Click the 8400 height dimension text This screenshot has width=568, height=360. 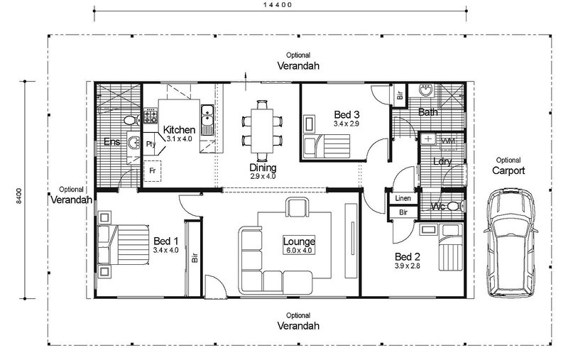tap(19, 195)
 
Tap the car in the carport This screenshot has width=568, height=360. tap(510, 243)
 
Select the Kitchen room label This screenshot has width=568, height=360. tap(179, 130)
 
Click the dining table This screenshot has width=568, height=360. tap(262, 131)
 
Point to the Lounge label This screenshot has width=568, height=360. tap(299, 241)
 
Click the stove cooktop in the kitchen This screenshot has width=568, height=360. tap(151, 116)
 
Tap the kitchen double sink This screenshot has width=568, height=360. tap(207, 120)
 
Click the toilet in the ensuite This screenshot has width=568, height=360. tap(131, 119)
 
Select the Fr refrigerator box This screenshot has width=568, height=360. tap(152, 170)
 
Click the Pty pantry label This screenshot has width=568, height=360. tap(151, 143)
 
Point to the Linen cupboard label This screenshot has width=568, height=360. tap(403, 198)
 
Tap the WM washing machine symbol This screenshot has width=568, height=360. tap(448, 141)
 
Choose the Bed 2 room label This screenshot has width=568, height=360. tap(407, 257)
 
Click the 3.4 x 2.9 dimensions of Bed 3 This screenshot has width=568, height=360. tap(346, 124)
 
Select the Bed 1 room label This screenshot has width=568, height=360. tap(166, 241)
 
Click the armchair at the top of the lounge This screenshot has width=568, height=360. tap(297, 207)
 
